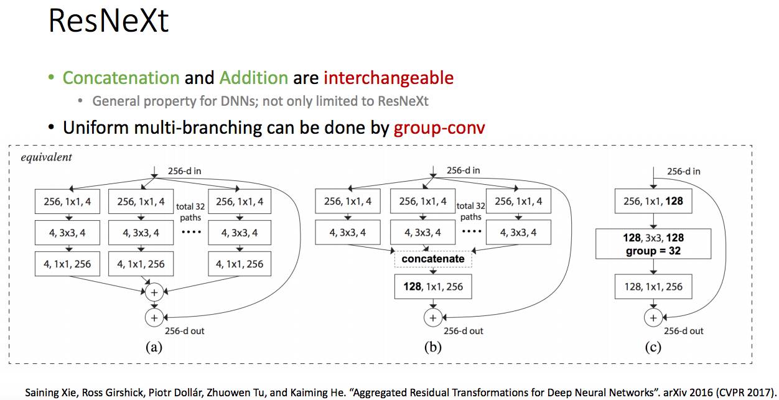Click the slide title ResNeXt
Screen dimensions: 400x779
pos(108,22)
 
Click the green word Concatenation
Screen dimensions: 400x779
pos(121,78)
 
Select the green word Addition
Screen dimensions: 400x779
pos(253,78)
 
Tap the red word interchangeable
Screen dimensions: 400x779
pos(388,78)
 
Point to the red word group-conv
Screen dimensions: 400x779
pos(439,128)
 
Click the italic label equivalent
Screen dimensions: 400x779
pos(46,157)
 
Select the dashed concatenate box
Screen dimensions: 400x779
pos(433,258)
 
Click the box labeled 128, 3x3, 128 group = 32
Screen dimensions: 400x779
pos(653,244)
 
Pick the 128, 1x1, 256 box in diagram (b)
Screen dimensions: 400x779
pos(433,287)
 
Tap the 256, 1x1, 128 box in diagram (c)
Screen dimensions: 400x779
pos(653,201)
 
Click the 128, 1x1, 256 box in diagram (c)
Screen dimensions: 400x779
pos(653,287)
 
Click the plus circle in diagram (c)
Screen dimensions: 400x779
pos(653,317)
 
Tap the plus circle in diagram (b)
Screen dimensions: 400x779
pos(433,317)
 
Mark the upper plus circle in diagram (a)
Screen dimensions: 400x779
pos(154,291)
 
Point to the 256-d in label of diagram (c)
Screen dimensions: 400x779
pos(684,171)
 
